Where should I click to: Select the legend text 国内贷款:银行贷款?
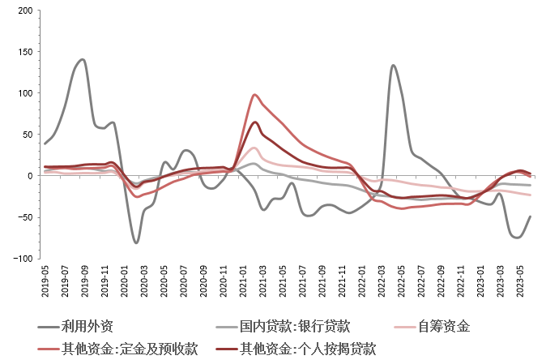295,327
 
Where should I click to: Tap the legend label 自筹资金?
444,327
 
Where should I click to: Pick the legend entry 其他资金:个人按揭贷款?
308,349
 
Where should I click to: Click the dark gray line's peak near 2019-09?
83,59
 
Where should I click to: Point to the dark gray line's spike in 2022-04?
393,66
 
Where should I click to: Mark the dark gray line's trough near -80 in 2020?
136,242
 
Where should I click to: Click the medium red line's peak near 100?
255,95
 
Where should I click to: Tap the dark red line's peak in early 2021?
255,122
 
